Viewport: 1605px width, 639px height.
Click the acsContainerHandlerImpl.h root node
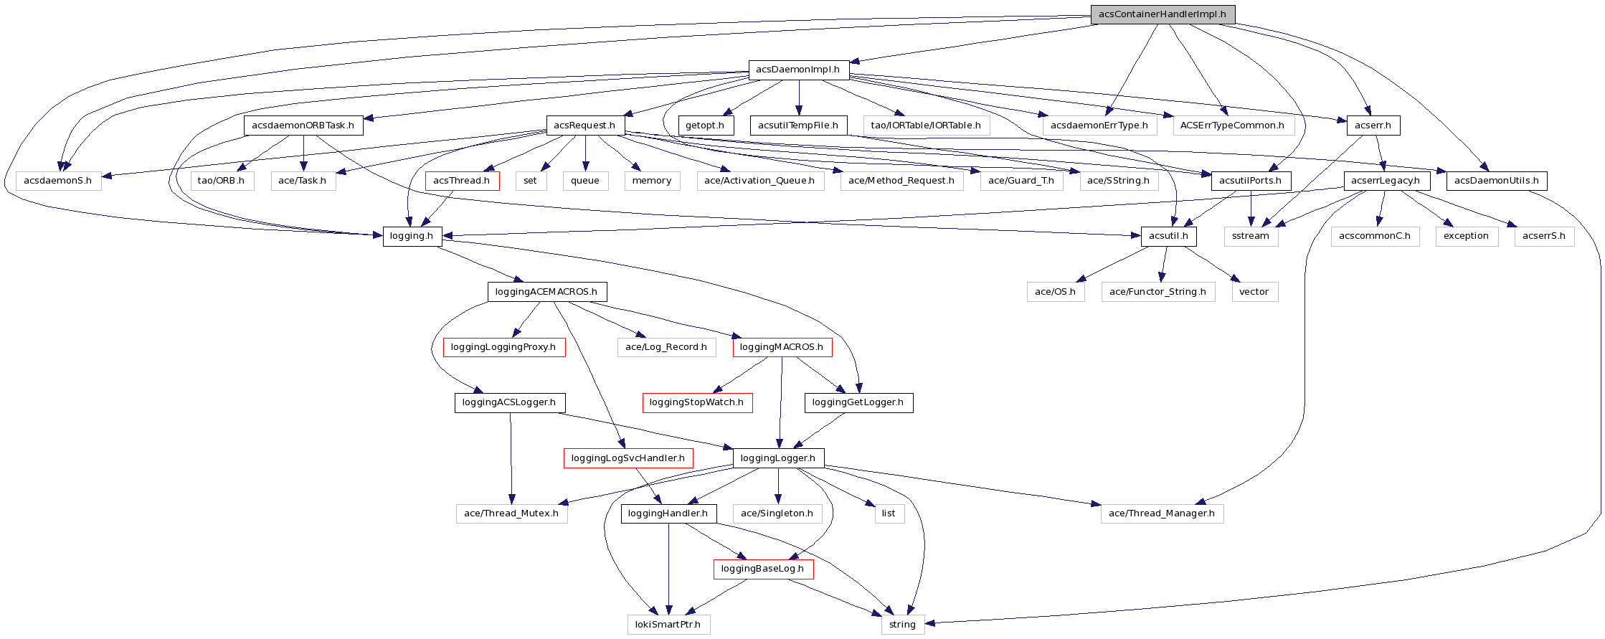[1162, 14]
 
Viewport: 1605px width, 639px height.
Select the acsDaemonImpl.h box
[798, 70]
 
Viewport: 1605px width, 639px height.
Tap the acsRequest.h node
[585, 126]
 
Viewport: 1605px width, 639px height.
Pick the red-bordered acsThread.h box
[462, 181]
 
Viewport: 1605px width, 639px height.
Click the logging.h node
[412, 236]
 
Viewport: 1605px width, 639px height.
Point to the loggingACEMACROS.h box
[546, 292]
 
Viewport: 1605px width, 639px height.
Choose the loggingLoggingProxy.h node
[503, 347]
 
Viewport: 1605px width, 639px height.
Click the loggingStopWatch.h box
[696, 402]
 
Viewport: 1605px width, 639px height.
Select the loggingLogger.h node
[778, 458]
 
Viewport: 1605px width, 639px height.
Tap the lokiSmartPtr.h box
[668, 624]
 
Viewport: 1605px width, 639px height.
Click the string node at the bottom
[902, 624]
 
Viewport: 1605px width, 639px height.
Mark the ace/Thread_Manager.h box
[1162, 513]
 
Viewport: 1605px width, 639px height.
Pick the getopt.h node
[705, 126]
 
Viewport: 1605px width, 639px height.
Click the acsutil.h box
[1168, 236]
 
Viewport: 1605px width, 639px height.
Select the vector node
[1254, 292]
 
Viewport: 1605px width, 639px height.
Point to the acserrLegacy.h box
[1386, 181]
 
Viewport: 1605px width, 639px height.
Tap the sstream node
[1251, 236]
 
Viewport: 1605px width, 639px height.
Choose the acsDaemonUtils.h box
[1497, 181]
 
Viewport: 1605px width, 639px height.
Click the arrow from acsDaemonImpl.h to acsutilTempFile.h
[799, 97]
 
